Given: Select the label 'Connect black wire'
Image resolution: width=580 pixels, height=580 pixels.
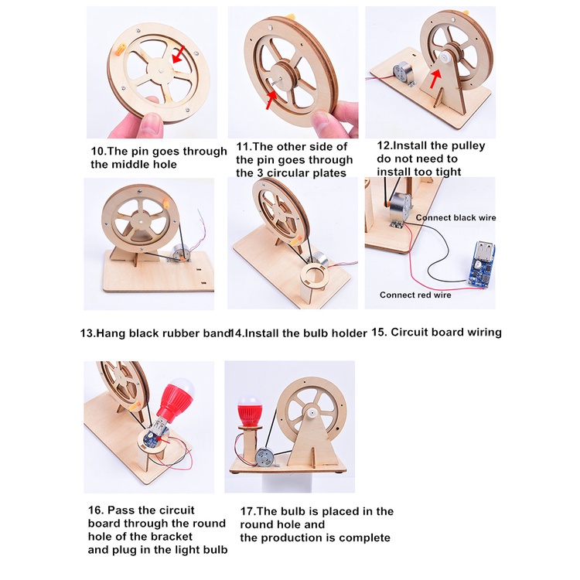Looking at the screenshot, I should click(x=456, y=217).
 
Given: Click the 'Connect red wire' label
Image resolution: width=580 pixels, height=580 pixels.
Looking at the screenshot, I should click(x=415, y=295).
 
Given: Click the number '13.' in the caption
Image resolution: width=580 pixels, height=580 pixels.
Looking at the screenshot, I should click(x=87, y=333).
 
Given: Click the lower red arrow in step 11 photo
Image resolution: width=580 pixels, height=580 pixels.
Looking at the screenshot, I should click(x=272, y=98).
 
